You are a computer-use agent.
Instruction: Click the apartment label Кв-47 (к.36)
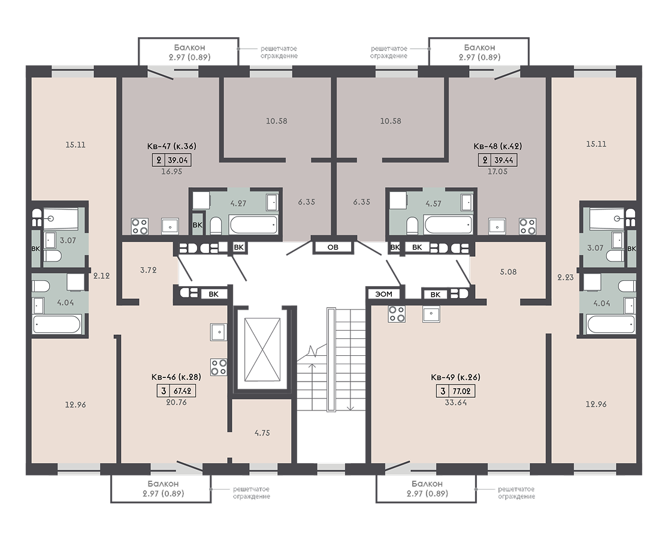point(172,146)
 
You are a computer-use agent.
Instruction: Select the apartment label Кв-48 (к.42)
point(498,146)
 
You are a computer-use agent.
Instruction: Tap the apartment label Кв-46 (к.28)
point(176,377)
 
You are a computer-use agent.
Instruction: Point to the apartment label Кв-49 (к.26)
point(455,377)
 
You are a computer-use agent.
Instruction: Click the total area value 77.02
point(461,391)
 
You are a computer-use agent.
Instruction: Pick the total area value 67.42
point(182,391)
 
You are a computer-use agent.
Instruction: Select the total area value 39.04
point(178,160)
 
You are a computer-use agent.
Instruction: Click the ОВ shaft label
point(333,247)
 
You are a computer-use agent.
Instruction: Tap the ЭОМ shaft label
point(384,294)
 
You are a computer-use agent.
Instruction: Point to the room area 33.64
point(455,402)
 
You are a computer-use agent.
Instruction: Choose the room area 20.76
point(176,402)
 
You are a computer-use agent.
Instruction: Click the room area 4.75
point(262,433)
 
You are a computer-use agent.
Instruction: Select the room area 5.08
point(508,272)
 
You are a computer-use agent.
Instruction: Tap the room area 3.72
point(148,270)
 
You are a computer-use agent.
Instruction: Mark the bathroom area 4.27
point(238,203)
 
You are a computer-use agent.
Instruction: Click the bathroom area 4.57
point(433,203)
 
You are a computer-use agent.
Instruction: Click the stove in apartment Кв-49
point(397,314)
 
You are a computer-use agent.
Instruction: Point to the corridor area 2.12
point(101,276)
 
